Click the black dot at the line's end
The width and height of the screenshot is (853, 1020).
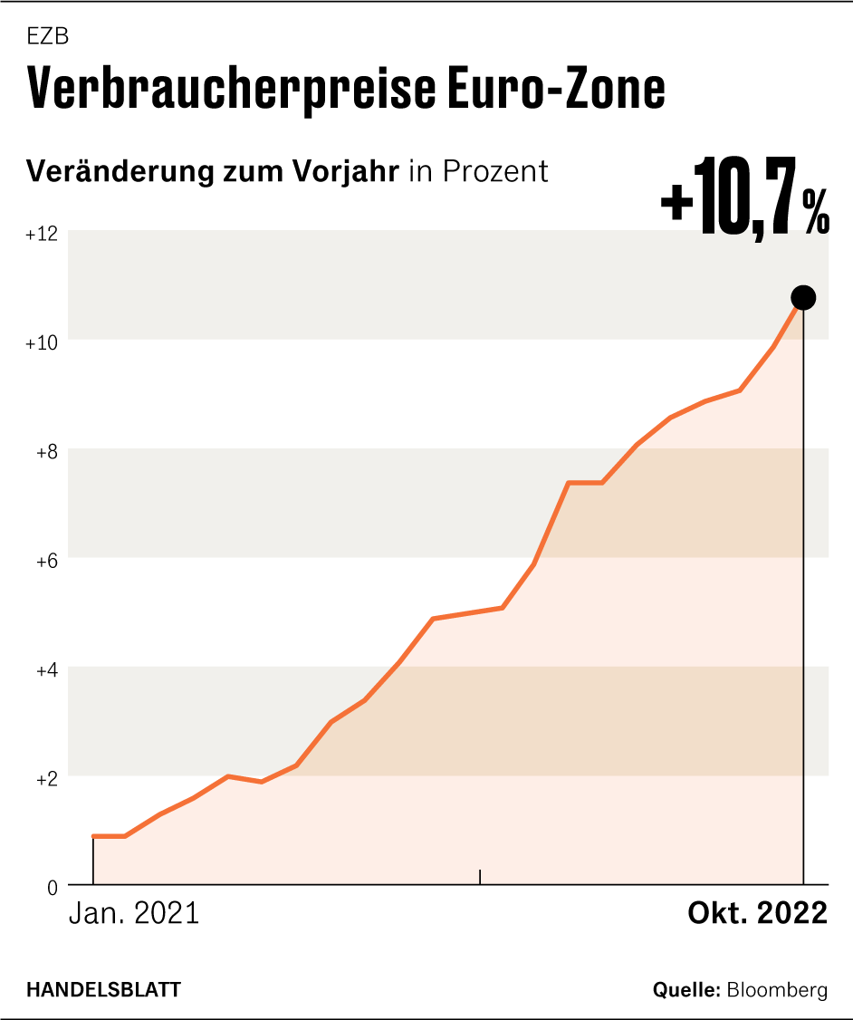click(x=803, y=297)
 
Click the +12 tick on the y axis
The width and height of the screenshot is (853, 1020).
click(x=42, y=234)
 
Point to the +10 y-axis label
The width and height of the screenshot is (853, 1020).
click(x=42, y=343)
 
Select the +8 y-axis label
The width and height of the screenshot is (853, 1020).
click(x=46, y=452)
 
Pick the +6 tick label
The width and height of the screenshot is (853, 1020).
click(x=46, y=561)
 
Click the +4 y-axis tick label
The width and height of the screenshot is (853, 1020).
click(x=46, y=670)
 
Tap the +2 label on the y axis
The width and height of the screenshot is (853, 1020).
click(x=46, y=779)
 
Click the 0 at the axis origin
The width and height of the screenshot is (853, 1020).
click(x=53, y=888)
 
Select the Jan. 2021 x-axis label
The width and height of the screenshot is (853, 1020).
click(x=134, y=913)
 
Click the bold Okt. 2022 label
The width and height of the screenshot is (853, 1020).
click(x=758, y=913)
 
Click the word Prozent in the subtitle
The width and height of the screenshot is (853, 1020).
click(x=496, y=171)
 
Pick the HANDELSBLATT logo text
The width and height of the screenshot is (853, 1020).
click(x=103, y=990)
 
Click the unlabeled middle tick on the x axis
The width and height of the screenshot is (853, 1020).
click(x=480, y=876)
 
